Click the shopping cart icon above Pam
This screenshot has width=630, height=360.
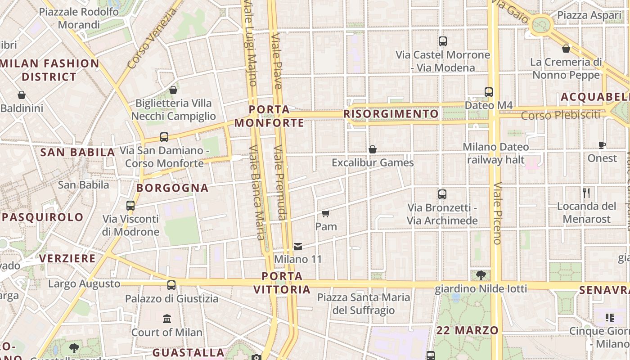[x=326, y=213]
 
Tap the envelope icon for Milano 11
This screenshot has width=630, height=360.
[x=298, y=246]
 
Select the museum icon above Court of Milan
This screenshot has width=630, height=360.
[x=167, y=319]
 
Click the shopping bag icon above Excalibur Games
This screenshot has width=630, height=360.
[x=373, y=149]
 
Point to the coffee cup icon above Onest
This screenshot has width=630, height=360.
[x=602, y=145]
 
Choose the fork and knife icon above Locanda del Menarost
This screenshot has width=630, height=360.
[x=586, y=193]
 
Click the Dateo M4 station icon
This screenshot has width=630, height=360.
[x=489, y=92]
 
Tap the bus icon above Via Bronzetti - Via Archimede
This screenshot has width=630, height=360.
[x=442, y=194]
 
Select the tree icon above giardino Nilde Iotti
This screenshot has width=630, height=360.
[x=481, y=275]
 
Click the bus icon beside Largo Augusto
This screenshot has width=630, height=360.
[x=171, y=285]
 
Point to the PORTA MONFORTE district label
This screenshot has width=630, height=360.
[x=269, y=116]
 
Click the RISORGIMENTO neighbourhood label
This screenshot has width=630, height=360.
[x=391, y=114]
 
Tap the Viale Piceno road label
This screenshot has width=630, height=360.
[x=497, y=213]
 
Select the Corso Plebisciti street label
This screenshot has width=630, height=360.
[x=560, y=115]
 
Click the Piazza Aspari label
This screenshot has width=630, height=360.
[x=589, y=15]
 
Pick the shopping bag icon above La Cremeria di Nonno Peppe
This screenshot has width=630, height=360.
[x=566, y=49]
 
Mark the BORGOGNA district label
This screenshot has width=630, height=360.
[x=172, y=188]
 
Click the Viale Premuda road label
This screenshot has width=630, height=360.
[x=280, y=182]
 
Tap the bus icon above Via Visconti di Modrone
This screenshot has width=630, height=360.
[x=130, y=206]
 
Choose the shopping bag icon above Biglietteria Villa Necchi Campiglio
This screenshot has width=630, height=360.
[x=173, y=90]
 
